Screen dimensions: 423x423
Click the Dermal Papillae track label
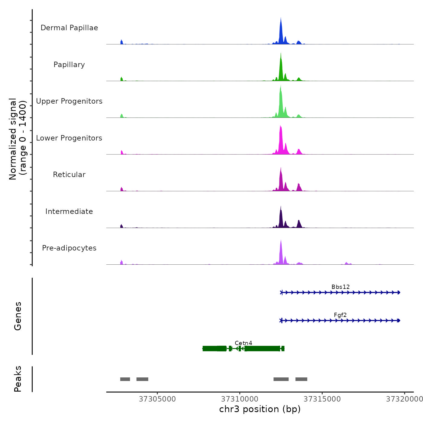(x=69, y=28)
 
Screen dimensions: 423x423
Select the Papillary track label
(x=69, y=65)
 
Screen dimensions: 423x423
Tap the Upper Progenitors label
(x=69, y=101)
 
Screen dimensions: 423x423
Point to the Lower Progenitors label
(x=69, y=138)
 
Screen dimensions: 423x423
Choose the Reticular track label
(x=69, y=175)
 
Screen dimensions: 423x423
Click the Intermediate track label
(x=69, y=211)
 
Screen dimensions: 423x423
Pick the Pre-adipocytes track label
(x=69, y=248)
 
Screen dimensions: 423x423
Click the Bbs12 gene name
(x=341, y=287)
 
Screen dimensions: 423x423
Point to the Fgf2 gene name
(x=340, y=315)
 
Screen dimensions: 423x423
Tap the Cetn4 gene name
(x=243, y=343)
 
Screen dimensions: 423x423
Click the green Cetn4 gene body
(x=262, y=349)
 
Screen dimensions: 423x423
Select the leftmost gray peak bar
(x=125, y=379)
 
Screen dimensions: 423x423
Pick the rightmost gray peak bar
(x=301, y=379)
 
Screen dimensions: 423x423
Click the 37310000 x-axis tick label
(x=240, y=399)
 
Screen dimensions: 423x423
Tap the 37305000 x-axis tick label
(x=157, y=399)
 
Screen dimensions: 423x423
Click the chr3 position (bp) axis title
(x=260, y=409)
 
